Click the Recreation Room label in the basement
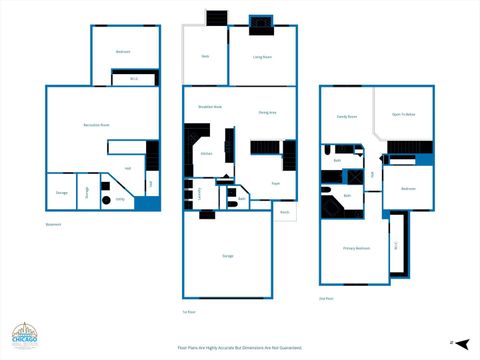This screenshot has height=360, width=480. coord(96,124)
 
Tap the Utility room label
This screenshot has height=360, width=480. coord(119,200)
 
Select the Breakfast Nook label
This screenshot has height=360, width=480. coord(210,106)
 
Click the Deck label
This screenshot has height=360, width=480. coord(205,56)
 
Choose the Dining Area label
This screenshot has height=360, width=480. coord(267,112)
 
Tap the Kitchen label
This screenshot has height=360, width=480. coord(206,153)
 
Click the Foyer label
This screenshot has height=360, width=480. coord(275,183)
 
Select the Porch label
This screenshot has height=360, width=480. coord(284,212)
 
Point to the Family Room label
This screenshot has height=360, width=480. coord(347,116)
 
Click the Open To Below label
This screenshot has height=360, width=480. coord(404,116)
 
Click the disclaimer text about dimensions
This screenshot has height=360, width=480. coord(239,347)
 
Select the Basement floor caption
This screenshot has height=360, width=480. coord(53,225)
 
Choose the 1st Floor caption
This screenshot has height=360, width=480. coord(189,312)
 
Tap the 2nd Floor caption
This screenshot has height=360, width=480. coord(325,298)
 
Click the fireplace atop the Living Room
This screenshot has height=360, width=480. coord(261,22)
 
